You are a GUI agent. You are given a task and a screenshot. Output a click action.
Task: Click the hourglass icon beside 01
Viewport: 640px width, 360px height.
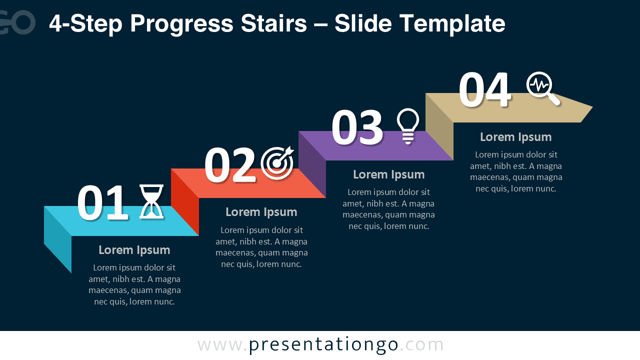[151, 201]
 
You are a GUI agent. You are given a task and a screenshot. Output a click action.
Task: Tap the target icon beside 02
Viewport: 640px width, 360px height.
[277, 163]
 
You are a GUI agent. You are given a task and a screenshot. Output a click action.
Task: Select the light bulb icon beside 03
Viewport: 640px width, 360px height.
[407, 126]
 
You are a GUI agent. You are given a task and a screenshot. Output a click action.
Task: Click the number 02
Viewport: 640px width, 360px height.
[229, 165]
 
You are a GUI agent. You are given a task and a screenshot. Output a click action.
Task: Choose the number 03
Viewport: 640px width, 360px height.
[357, 127]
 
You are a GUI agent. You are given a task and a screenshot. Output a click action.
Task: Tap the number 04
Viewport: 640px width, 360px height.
[484, 90]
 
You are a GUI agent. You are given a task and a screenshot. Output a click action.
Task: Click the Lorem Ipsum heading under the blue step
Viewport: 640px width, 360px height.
[134, 250]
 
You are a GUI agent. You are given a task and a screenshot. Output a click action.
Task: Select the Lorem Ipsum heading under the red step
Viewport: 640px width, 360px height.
[261, 212]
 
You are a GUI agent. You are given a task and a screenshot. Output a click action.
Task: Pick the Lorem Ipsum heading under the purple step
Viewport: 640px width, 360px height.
[388, 174]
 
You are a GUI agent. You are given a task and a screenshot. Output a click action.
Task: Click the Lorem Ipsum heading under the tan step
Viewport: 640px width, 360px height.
[515, 137]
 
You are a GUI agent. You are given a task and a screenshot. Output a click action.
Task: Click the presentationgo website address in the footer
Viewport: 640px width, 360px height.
[320, 345]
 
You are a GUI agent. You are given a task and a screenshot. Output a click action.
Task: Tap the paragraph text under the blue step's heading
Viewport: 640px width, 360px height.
[134, 284]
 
